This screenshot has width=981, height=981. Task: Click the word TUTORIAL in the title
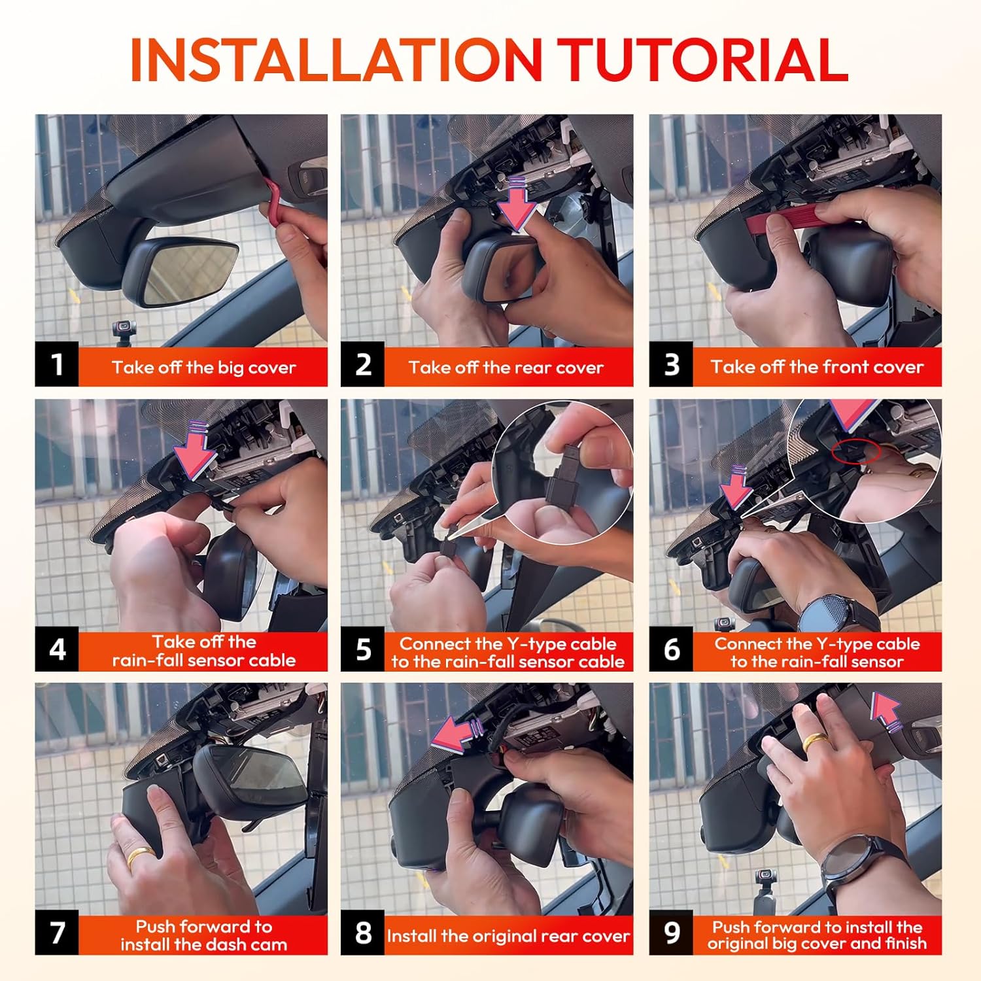[704, 60]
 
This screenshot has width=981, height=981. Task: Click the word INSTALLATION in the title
[336, 60]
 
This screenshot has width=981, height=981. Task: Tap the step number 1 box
[57, 364]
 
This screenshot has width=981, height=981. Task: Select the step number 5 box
[362, 650]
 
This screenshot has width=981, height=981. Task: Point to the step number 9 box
[671, 933]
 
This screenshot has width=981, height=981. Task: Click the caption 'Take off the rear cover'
[506, 368]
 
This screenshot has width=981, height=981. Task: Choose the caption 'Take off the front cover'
[817, 367]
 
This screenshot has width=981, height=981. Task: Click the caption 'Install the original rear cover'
[508, 936]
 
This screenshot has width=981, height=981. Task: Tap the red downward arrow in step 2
[516, 203]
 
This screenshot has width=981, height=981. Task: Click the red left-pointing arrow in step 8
[458, 732]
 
